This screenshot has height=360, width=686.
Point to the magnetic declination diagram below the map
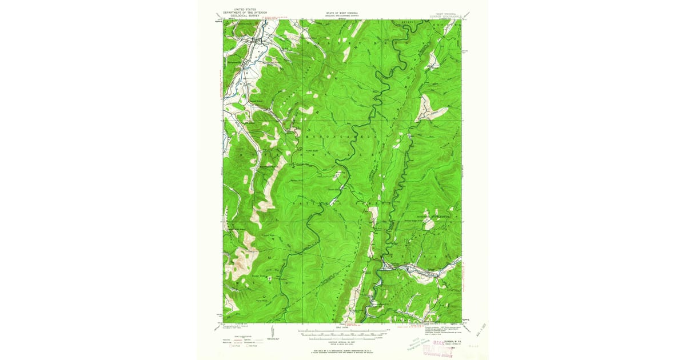pos(272,333)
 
